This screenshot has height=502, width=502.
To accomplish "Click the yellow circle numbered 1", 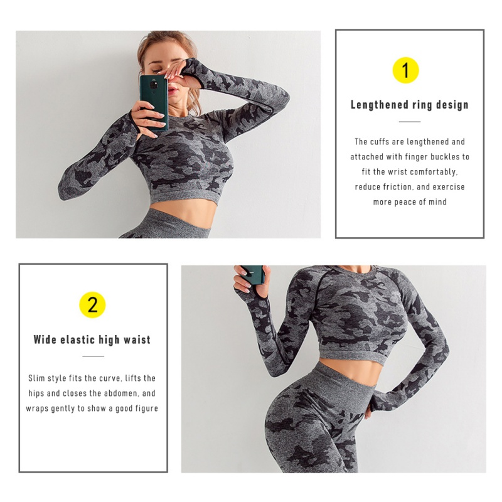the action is [x=405, y=70].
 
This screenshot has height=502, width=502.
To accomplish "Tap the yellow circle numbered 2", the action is [x=92, y=305].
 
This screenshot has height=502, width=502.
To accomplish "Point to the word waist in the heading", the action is [x=137, y=339].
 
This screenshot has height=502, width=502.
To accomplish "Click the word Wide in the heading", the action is [x=45, y=339].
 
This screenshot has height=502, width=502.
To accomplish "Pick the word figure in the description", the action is [x=147, y=409].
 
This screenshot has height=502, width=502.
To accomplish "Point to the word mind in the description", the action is [x=437, y=202].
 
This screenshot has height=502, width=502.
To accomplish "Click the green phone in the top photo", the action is [x=154, y=102].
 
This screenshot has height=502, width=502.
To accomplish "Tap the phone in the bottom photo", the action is [x=254, y=274].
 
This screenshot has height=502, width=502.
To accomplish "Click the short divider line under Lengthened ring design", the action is [x=410, y=122].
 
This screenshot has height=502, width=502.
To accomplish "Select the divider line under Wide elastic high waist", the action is [x=93, y=356].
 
